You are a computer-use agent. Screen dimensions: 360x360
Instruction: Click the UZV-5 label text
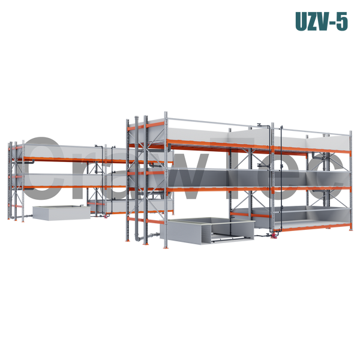pos(322,22)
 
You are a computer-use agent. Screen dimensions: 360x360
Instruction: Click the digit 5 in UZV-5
pos(342,22)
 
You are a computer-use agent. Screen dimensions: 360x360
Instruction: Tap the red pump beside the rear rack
pos(106,216)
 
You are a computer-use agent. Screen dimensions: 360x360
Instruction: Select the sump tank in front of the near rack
pos(208,230)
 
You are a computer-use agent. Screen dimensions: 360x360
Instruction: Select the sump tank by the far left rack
pos(62,212)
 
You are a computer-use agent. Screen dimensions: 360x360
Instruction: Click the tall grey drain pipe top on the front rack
pos(137,118)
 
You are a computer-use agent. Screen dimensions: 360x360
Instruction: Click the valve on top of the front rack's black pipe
pos(260,125)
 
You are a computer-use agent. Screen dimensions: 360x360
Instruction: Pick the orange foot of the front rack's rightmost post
pos(350,230)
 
